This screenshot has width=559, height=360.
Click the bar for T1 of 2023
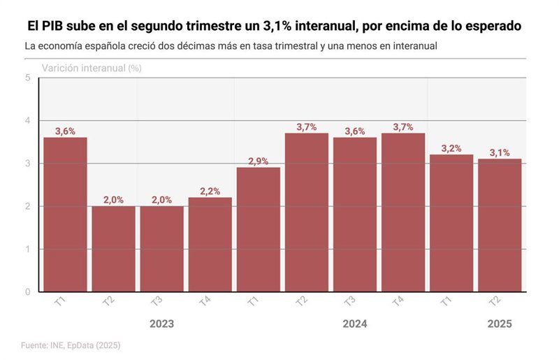pyautogui.click(x=65, y=214)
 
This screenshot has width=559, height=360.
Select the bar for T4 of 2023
pyautogui.click(x=210, y=244)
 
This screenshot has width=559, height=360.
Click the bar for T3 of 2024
pyautogui.click(x=354, y=214)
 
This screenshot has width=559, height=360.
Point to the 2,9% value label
pyautogui.click(x=258, y=161)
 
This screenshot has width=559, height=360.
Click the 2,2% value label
pyautogui.click(x=210, y=191)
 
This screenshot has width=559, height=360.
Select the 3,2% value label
pyautogui.click(x=451, y=148)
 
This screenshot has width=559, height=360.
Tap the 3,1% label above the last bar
pyautogui.click(x=500, y=152)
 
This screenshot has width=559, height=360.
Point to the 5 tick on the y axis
pyautogui.click(x=27, y=78)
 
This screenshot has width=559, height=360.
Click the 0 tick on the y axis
pyautogui.click(x=27, y=291)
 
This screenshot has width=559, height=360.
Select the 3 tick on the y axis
pyautogui.click(x=27, y=164)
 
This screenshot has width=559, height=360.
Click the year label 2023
pyautogui.click(x=161, y=324)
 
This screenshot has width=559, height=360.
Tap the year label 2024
pyautogui.click(x=354, y=324)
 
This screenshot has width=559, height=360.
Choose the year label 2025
pyautogui.click(x=500, y=324)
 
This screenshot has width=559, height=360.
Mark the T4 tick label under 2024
pyautogui.click(x=398, y=302)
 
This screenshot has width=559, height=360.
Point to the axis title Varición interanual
pyautogui.click(x=84, y=69)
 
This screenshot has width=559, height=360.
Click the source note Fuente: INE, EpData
pyautogui.click(x=70, y=345)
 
